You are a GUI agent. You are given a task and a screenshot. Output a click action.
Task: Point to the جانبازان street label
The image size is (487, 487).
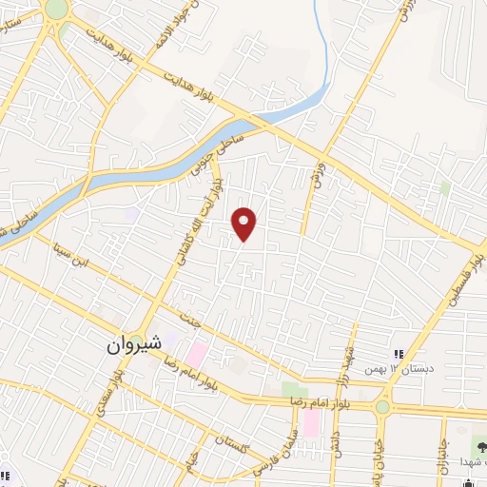tap(441, 455)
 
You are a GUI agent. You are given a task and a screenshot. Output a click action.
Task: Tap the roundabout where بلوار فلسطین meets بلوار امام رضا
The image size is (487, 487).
tap(382, 407)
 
